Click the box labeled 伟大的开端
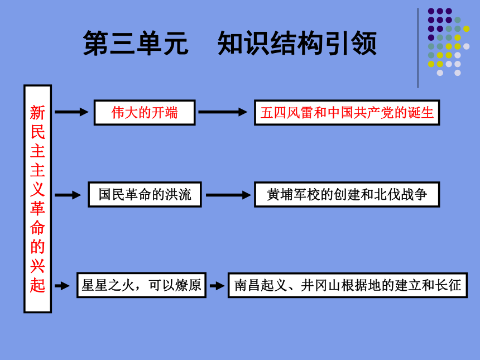pos(145,112)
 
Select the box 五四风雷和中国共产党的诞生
pos(347,112)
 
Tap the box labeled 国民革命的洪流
pos(145,194)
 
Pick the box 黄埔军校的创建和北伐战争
pos(347,194)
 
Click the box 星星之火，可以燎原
pos(141,285)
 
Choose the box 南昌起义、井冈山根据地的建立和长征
pos(348,285)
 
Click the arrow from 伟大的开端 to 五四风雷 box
pos(223,112)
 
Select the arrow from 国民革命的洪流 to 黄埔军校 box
pos(228,195)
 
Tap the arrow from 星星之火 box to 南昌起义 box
pos(217,286)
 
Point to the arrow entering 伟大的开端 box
pos(71,112)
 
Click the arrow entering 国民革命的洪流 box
pos(68,195)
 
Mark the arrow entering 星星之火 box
pos(62,286)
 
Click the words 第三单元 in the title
pos(136,43)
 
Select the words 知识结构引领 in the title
pos(297,43)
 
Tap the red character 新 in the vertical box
pos(37,113)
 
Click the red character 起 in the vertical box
pos(37,285)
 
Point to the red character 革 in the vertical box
pos(37,209)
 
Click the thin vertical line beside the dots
pos(418,48)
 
